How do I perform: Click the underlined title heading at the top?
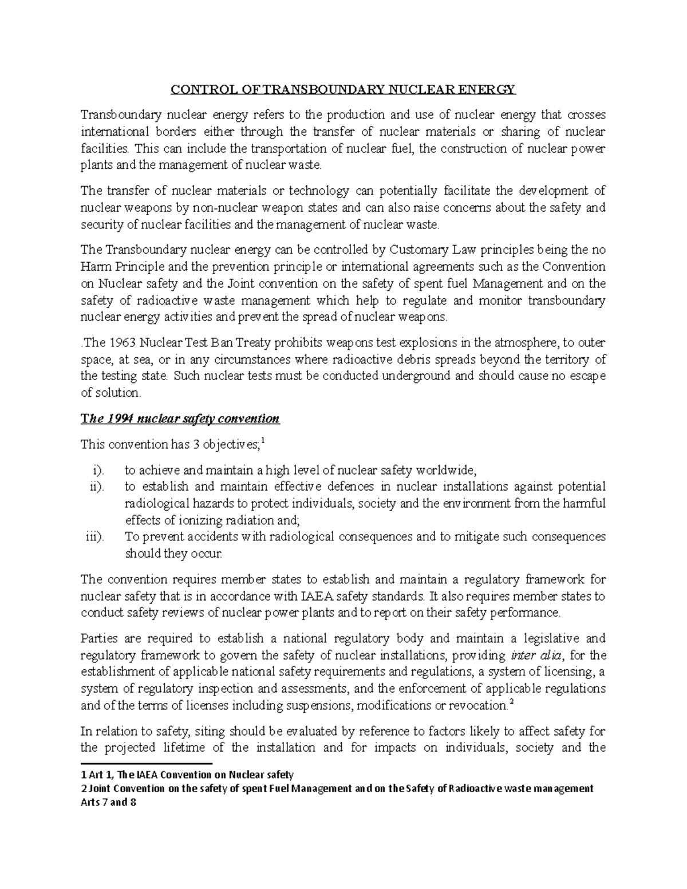[343, 89]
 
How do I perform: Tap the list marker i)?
[98, 471]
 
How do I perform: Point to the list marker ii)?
[97, 487]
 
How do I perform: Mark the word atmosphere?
[520, 343]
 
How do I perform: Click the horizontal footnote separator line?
[147, 764]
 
